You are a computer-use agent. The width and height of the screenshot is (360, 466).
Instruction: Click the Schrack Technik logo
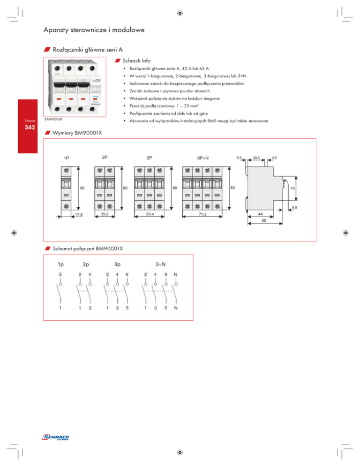tap(56, 438)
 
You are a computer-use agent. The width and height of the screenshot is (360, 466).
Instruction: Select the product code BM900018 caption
tap(53, 120)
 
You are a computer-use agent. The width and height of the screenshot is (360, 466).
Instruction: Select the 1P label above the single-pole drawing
tap(68, 158)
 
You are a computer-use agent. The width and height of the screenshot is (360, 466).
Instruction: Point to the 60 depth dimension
tap(265, 220)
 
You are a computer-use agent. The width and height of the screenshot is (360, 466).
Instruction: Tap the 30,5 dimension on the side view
tap(257, 158)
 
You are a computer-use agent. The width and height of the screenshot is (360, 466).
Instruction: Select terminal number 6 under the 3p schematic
tap(127, 274)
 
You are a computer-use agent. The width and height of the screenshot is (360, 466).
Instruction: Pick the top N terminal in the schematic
tap(176, 274)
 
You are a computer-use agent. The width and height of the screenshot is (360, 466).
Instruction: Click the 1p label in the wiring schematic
tap(61, 264)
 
